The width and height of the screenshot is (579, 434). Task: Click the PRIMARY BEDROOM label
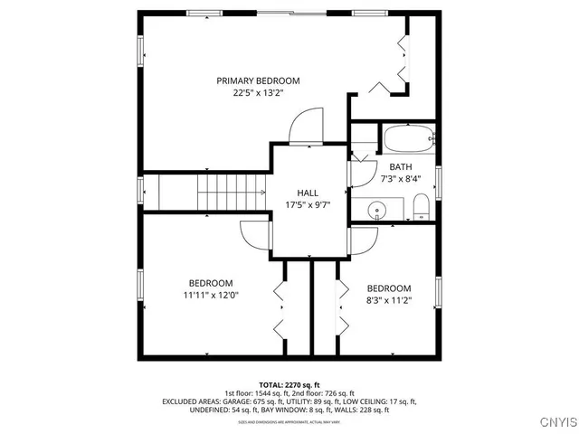click(258, 80)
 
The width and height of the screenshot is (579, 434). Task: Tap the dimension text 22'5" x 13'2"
click(258, 92)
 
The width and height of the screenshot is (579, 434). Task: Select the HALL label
click(308, 193)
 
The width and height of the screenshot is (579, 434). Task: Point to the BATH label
click(400, 167)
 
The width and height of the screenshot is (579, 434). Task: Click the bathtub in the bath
click(408, 140)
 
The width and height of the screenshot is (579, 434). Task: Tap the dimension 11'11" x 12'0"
click(211, 294)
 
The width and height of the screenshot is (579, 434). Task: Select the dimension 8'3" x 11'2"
click(389, 300)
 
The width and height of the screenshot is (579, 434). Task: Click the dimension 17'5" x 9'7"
click(308, 204)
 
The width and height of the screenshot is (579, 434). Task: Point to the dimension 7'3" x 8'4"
click(400, 179)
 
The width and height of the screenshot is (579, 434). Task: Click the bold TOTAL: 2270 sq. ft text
click(289, 384)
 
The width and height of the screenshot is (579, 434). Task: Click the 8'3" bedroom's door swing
click(362, 241)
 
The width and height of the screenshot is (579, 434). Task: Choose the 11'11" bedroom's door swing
click(255, 236)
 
